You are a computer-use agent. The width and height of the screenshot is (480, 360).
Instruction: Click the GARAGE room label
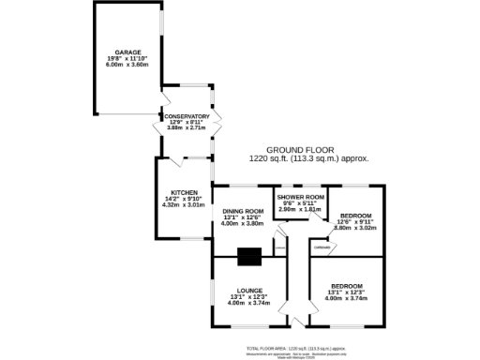pyautogui.click(x=127, y=53)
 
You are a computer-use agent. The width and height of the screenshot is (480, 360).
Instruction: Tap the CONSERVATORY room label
pyautogui.click(x=187, y=116)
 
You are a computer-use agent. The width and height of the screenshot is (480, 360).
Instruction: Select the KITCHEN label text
pyautogui.click(x=184, y=192)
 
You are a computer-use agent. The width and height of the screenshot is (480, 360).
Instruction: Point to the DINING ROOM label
pyautogui.click(x=242, y=212)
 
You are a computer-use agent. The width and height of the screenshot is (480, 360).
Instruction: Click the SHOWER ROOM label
pyautogui.click(x=300, y=197)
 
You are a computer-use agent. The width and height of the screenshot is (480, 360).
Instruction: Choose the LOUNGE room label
pyautogui.click(x=249, y=290)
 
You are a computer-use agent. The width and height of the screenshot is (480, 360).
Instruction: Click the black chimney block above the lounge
pyautogui.click(x=249, y=257)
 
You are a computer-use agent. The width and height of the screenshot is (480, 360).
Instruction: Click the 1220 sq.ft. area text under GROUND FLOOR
pyautogui.click(x=308, y=159)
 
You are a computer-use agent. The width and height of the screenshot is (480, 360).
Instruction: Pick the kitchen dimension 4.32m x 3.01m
pyautogui.click(x=184, y=203)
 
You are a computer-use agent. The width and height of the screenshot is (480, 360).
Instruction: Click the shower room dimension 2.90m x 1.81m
pyautogui.click(x=300, y=209)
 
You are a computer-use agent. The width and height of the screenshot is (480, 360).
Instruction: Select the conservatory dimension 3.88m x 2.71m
pyautogui.click(x=187, y=127)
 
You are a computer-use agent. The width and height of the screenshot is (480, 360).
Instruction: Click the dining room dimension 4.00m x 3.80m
pyautogui.click(x=242, y=223)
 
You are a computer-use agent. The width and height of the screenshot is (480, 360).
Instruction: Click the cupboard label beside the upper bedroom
pyautogui.click(x=322, y=247)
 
